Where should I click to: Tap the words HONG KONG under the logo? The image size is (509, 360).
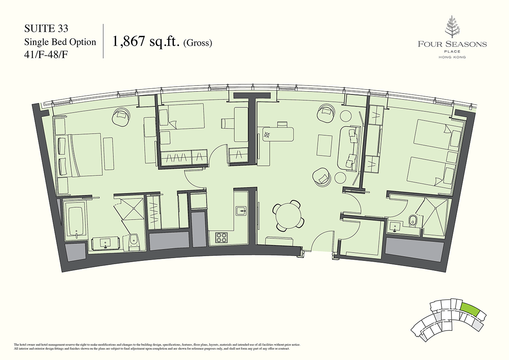452,57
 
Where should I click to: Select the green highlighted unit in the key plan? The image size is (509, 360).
470,309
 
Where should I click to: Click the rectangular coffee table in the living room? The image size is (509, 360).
324,146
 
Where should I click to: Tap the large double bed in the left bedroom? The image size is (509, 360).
85,154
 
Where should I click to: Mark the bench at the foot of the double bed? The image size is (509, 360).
108,154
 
